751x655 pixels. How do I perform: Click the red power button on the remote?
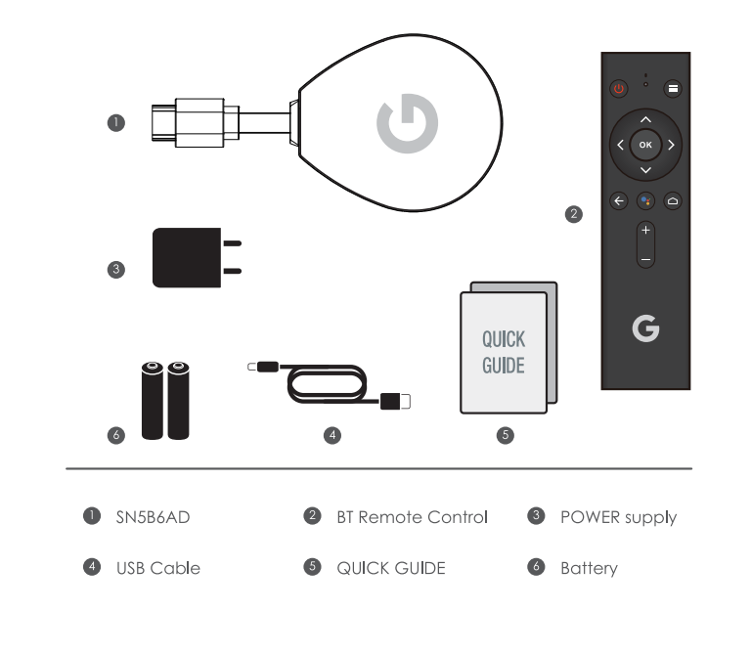coord(618,88)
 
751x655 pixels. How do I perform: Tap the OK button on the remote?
coord(645,145)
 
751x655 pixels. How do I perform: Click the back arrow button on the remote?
coord(618,201)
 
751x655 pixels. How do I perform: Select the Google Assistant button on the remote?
coord(645,201)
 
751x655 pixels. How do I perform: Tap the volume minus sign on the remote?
coord(645,258)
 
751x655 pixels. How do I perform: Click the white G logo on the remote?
coord(645,331)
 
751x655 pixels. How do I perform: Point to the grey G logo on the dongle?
coord(407,122)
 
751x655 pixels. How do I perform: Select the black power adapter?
coord(189,258)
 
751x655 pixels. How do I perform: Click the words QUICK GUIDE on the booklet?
coord(504,353)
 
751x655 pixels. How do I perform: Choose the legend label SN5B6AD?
coord(152,517)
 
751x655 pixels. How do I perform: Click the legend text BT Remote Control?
coord(411,517)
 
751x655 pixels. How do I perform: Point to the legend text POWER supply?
coord(618,517)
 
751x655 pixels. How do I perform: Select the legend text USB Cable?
coord(158,568)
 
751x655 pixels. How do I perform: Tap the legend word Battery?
coord(589,568)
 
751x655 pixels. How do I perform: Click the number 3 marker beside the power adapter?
coord(116,270)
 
